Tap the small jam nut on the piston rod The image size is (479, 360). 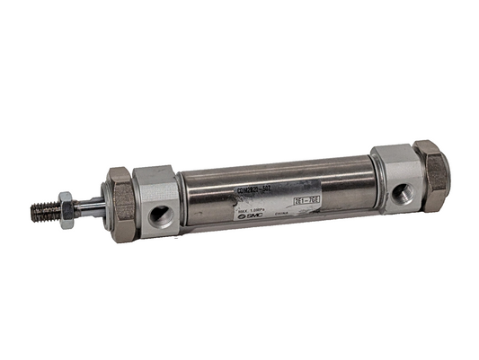67,210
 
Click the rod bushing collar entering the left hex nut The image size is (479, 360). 102,205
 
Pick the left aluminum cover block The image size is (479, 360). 156,203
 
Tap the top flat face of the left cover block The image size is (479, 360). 154,174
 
